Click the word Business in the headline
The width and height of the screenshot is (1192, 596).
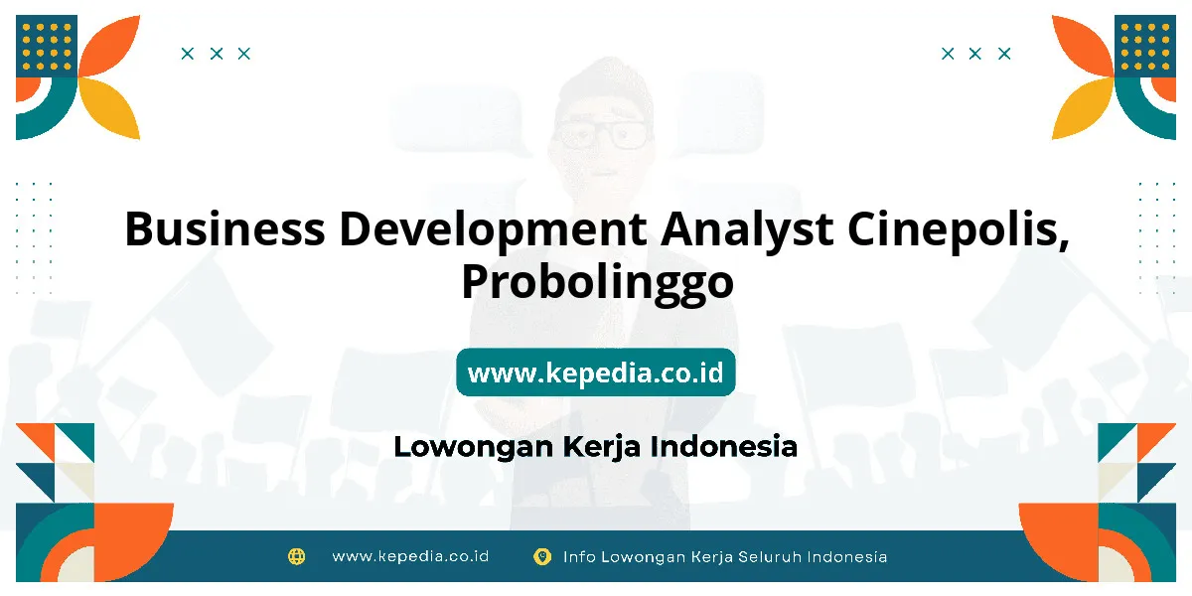point(224,228)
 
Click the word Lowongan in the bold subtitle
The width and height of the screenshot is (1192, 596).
point(474,447)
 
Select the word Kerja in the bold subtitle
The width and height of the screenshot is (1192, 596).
point(601,447)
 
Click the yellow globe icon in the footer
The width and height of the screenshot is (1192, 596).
point(296,556)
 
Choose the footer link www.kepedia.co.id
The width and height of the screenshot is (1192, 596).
point(410,556)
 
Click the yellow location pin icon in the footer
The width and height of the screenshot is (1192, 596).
point(542,556)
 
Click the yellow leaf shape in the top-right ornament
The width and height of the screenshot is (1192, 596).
point(1082,109)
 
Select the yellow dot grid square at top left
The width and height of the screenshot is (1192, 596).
point(47,47)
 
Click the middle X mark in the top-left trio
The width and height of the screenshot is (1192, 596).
point(217,54)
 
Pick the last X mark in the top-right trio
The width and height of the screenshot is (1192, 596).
point(1004,54)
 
